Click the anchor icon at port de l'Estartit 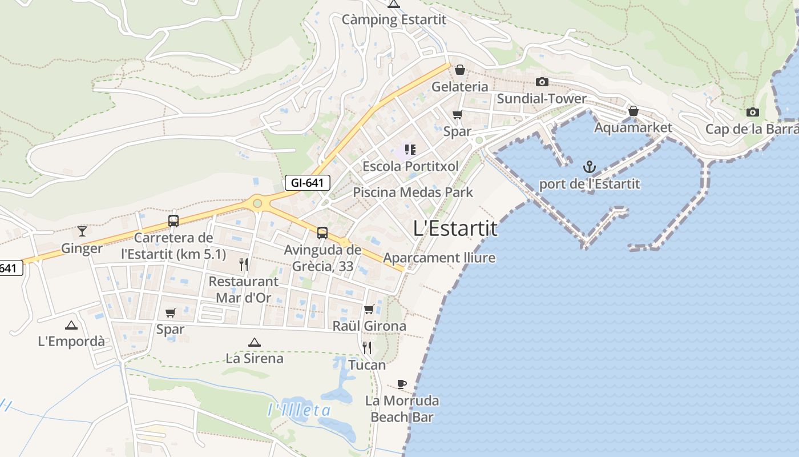point(590,167)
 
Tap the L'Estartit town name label point(455,228)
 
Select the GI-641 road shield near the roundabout point(308,183)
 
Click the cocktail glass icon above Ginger point(82,231)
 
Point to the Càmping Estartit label point(394,19)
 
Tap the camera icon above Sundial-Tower point(542,82)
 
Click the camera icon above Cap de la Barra point(753,113)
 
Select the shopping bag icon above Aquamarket point(633,111)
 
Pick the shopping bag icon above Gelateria point(459,70)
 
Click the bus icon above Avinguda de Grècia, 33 point(322,233)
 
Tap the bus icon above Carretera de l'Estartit point(173,221)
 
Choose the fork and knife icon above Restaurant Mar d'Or point(244,264)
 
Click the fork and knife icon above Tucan point(367,347)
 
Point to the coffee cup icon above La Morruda point(402,384)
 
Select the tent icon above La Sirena point(255,342)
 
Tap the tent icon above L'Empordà point(71,325)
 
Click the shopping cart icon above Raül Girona point(369,310)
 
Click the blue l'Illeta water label point(300,410)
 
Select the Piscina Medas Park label point(413,192)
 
